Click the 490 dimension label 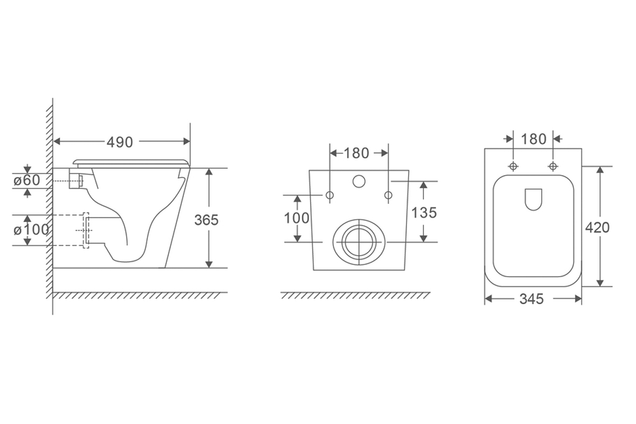click(120, 142)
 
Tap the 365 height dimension click(206, 220)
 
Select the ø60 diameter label click(27, 180)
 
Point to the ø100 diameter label click(31, 229)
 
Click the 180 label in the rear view click(356, 153)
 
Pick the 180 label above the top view click(534, 139)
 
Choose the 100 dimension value click(297, 218)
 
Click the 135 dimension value click(424, 213)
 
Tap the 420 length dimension click(597, 228)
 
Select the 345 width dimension click(532, 299)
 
